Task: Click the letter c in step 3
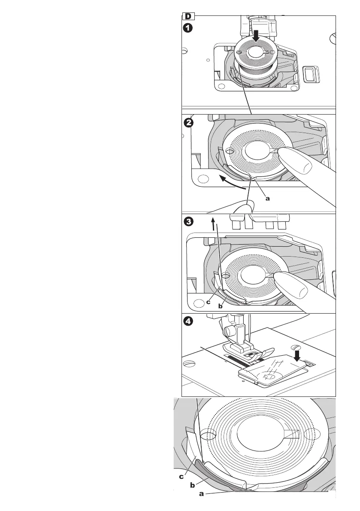click(x=208, y=302)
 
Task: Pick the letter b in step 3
click(x=220, y=306)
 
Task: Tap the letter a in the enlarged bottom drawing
click(x=201, y=494)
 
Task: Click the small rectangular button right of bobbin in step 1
click(x=309, y=73)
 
